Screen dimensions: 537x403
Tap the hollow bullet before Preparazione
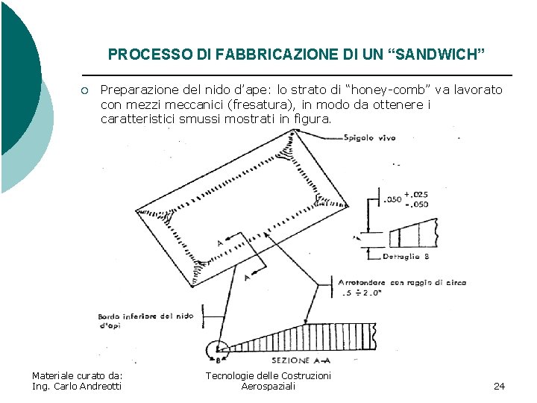[x=86, y=91]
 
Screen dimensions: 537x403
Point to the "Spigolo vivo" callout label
[x=370, y=137]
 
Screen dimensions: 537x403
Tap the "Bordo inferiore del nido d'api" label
[x=145, y=320]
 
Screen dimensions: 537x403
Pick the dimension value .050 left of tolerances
[x=392, y=199]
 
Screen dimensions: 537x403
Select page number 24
[x=500, y=386]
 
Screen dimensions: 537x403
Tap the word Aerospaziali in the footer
[x=268, y=386]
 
